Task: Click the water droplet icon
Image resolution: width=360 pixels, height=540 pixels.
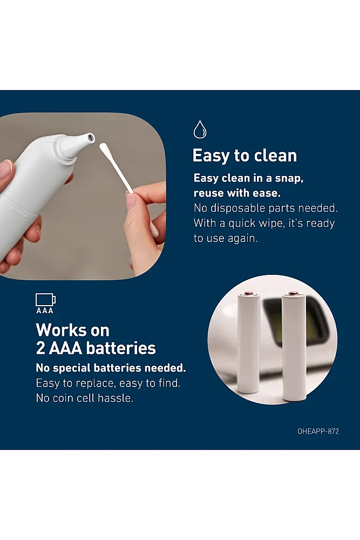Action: pyautogui.click(x=200, y=130)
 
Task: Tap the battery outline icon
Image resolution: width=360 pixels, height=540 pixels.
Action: pyautogui.click(x=45, y=300)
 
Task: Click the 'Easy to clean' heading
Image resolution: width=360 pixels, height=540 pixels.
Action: pyautogui.click(x=244, y=156)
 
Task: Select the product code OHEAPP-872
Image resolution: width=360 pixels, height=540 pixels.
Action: pyautogui.click(x=318, y=431)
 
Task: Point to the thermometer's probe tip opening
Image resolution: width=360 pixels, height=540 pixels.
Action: pyautogui.click(x=91, y=138)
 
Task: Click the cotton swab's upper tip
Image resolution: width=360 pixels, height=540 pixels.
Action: pyautogui.click(x=104, y=148)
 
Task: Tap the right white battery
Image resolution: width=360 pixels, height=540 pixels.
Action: pyautogui.click(x=294, y=346)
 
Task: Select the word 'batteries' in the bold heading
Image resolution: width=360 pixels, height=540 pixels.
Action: pyautogui.click(x=121, y=348)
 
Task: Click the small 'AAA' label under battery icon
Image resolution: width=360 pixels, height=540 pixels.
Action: pyautogui.click(x=45, y=310)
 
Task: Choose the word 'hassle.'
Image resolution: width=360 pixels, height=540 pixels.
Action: pyautogui.click(x=116, y=398)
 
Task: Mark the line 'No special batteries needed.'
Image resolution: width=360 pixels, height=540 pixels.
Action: pyautogui.click(x=111, y=368)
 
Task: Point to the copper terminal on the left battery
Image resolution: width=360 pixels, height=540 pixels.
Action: pyautogui.click(x=248, y=293)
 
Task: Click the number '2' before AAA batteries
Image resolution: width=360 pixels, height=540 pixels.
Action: pyautogui.click(x=40, y=348)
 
